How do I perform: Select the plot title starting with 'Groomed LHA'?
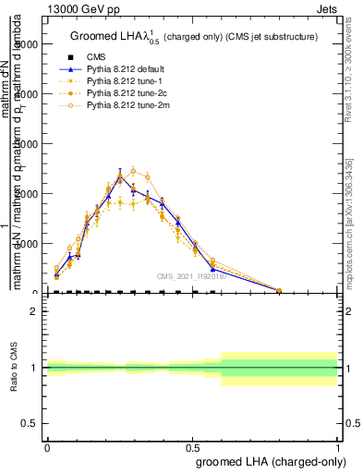click(194, 37)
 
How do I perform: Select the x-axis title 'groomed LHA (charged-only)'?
click(266, 459)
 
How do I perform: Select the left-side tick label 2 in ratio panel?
click(35, 311)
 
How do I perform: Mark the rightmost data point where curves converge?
click(279, 290)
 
